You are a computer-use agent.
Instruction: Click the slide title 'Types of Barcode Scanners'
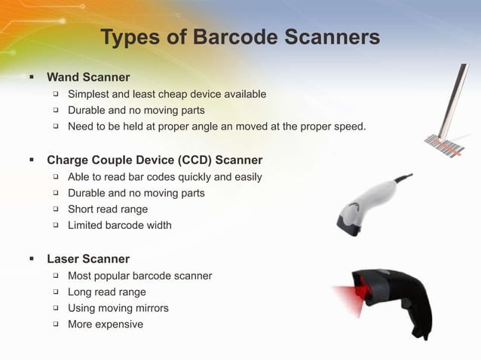point(240,37)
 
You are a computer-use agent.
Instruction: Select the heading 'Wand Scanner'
point(88,77)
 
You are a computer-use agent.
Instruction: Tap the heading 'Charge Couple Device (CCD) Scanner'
point(155,160)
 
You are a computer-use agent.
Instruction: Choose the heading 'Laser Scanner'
point(88,259)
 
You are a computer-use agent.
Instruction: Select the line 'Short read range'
point(108,209)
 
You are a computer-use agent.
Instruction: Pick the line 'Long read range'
point(107,292)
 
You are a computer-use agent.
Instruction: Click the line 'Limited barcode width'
point(120,225)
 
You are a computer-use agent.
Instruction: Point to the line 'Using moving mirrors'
point(118,308)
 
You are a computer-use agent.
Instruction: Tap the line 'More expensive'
point(106,325)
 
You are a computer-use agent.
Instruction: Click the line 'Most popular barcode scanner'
point(139,276)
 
